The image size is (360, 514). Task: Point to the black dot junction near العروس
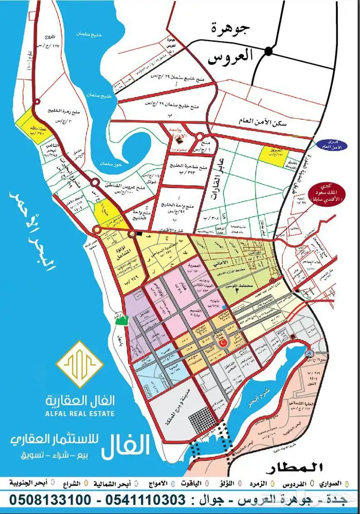pyautogui.click(x=268, y=50)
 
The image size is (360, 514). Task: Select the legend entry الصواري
pyautogui.click(x=331, y=484)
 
